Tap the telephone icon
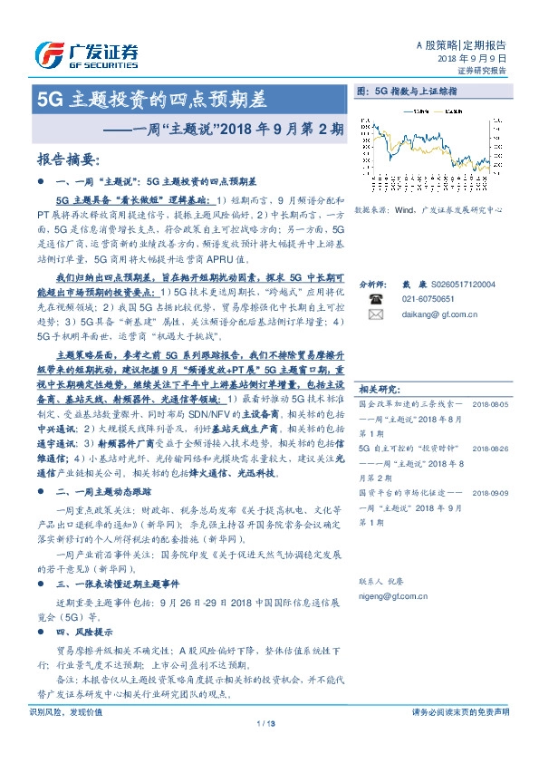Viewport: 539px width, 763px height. [375, 298]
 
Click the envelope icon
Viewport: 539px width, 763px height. [375, 314]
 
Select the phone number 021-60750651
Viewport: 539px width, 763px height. [428, 298]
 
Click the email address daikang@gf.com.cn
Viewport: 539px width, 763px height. [439, 314]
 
